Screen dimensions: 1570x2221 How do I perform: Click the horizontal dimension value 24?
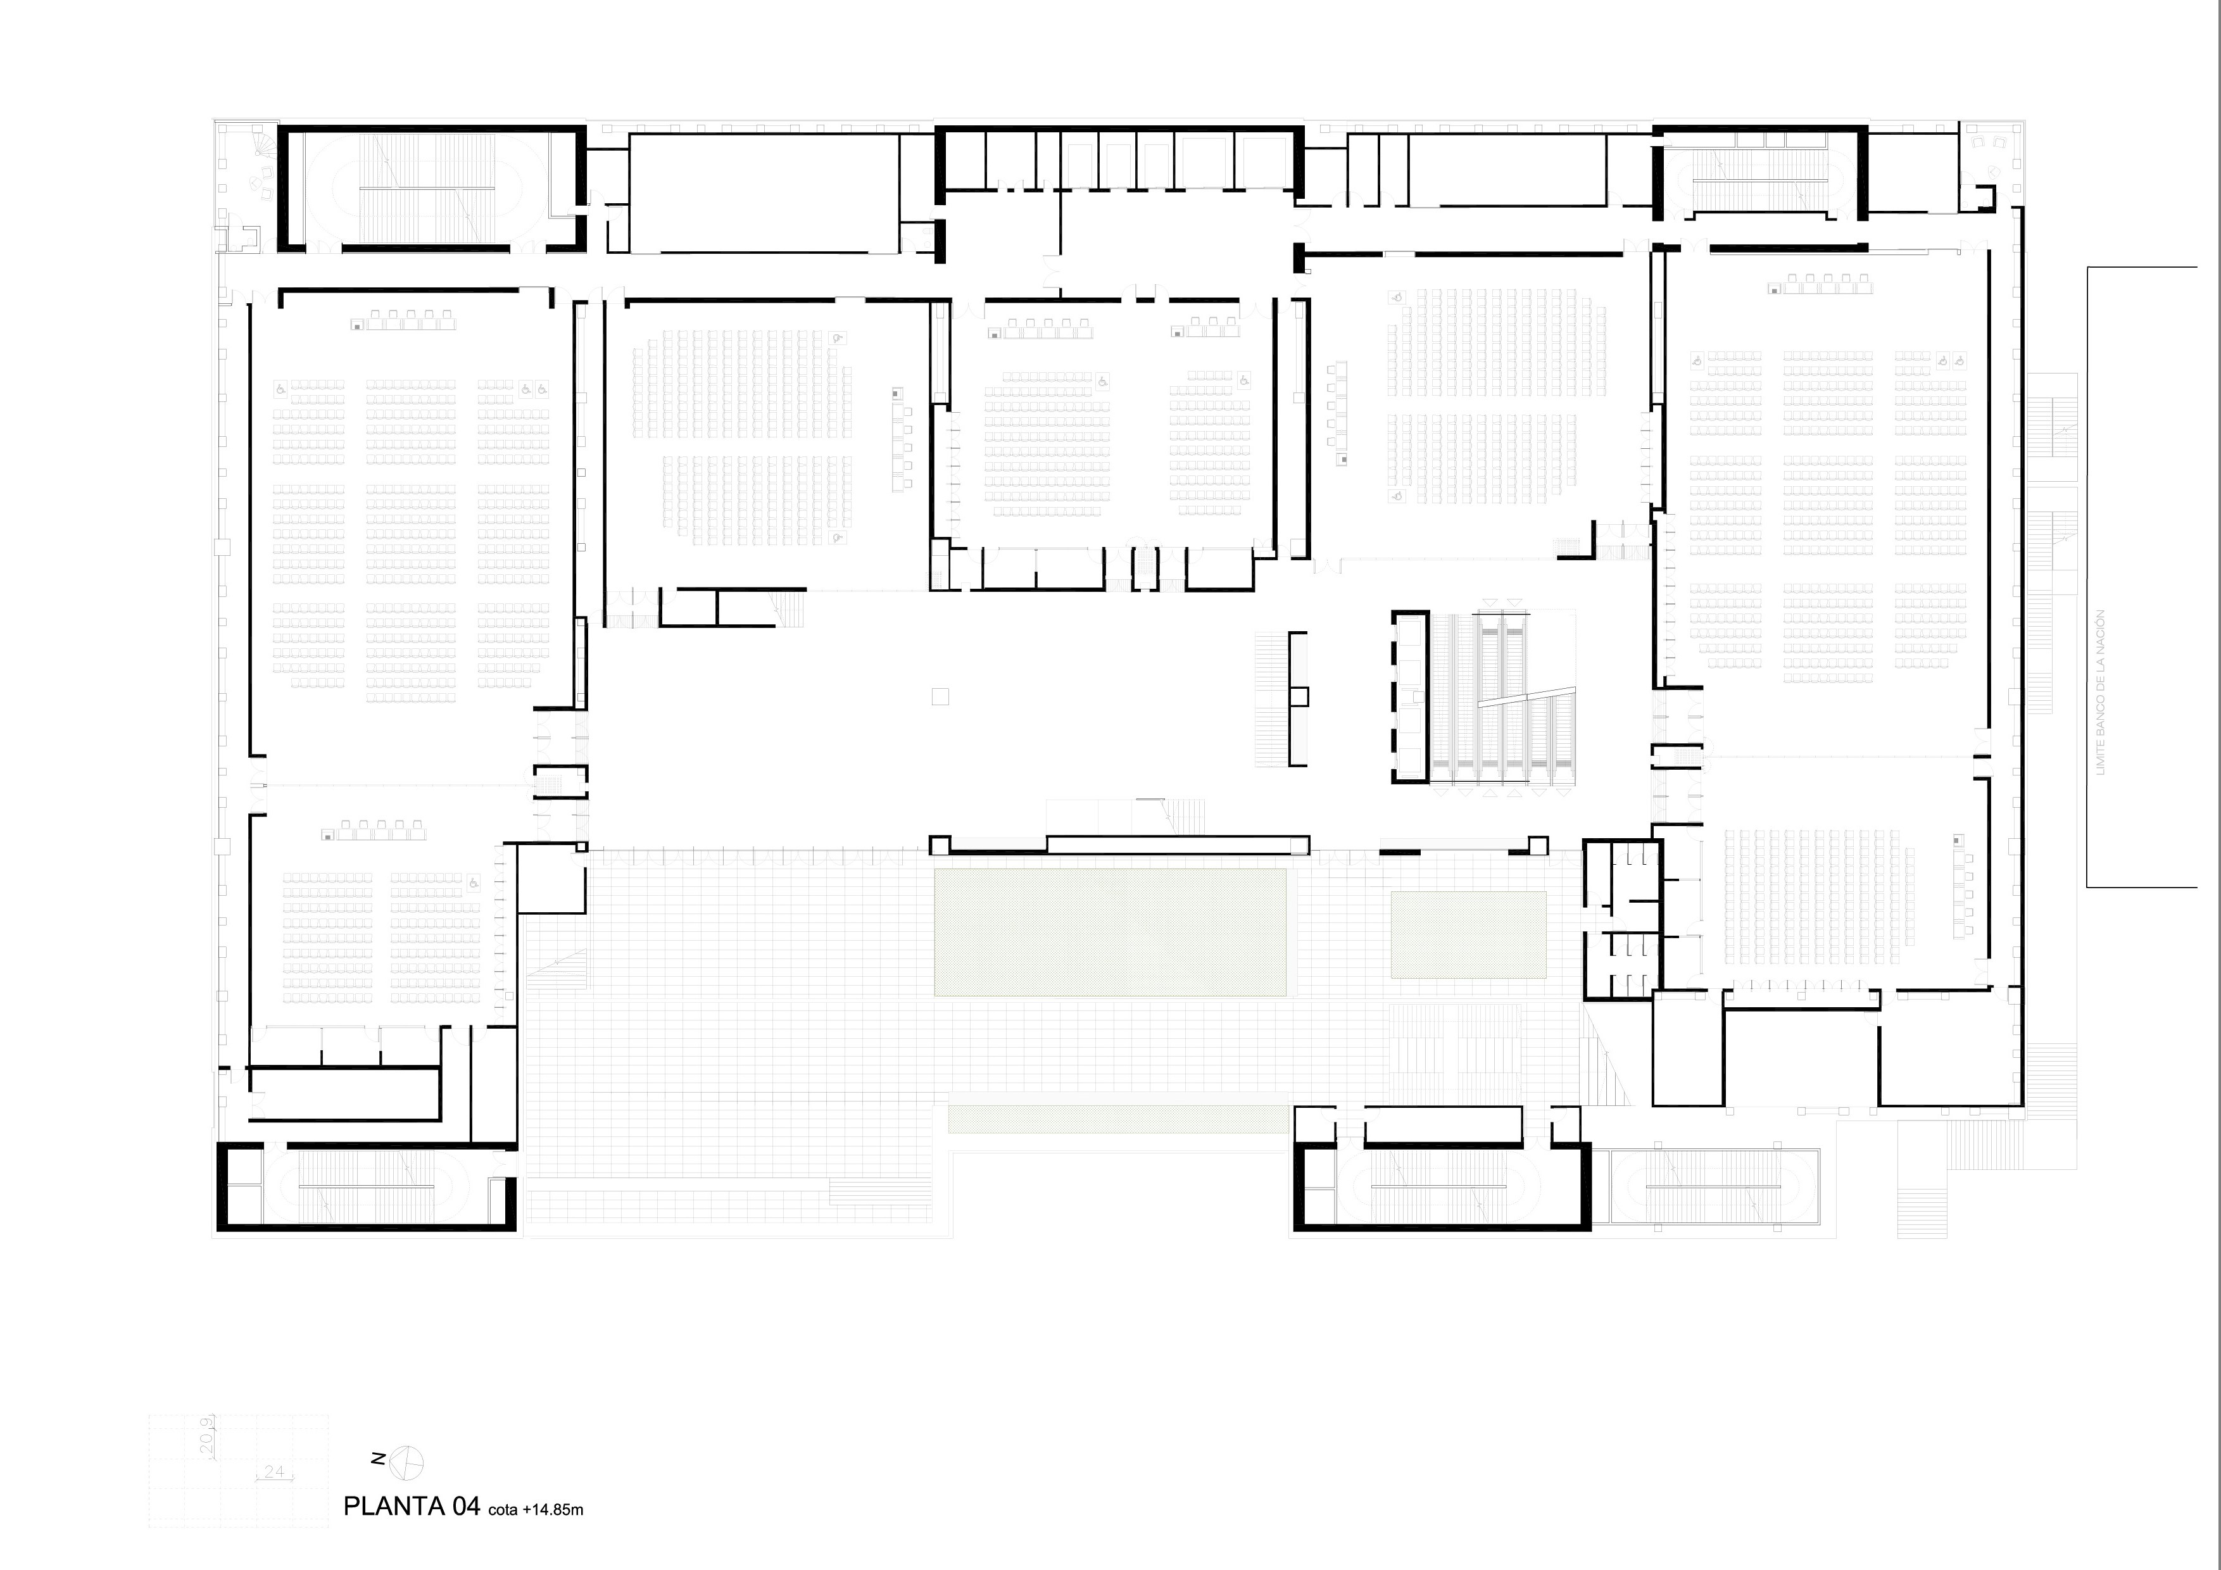274,1471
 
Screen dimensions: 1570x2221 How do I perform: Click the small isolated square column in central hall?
940,696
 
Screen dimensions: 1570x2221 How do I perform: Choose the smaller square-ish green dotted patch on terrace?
1468,934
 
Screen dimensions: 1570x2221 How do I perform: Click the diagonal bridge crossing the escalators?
1525,696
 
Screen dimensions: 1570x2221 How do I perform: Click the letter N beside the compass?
380,1459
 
